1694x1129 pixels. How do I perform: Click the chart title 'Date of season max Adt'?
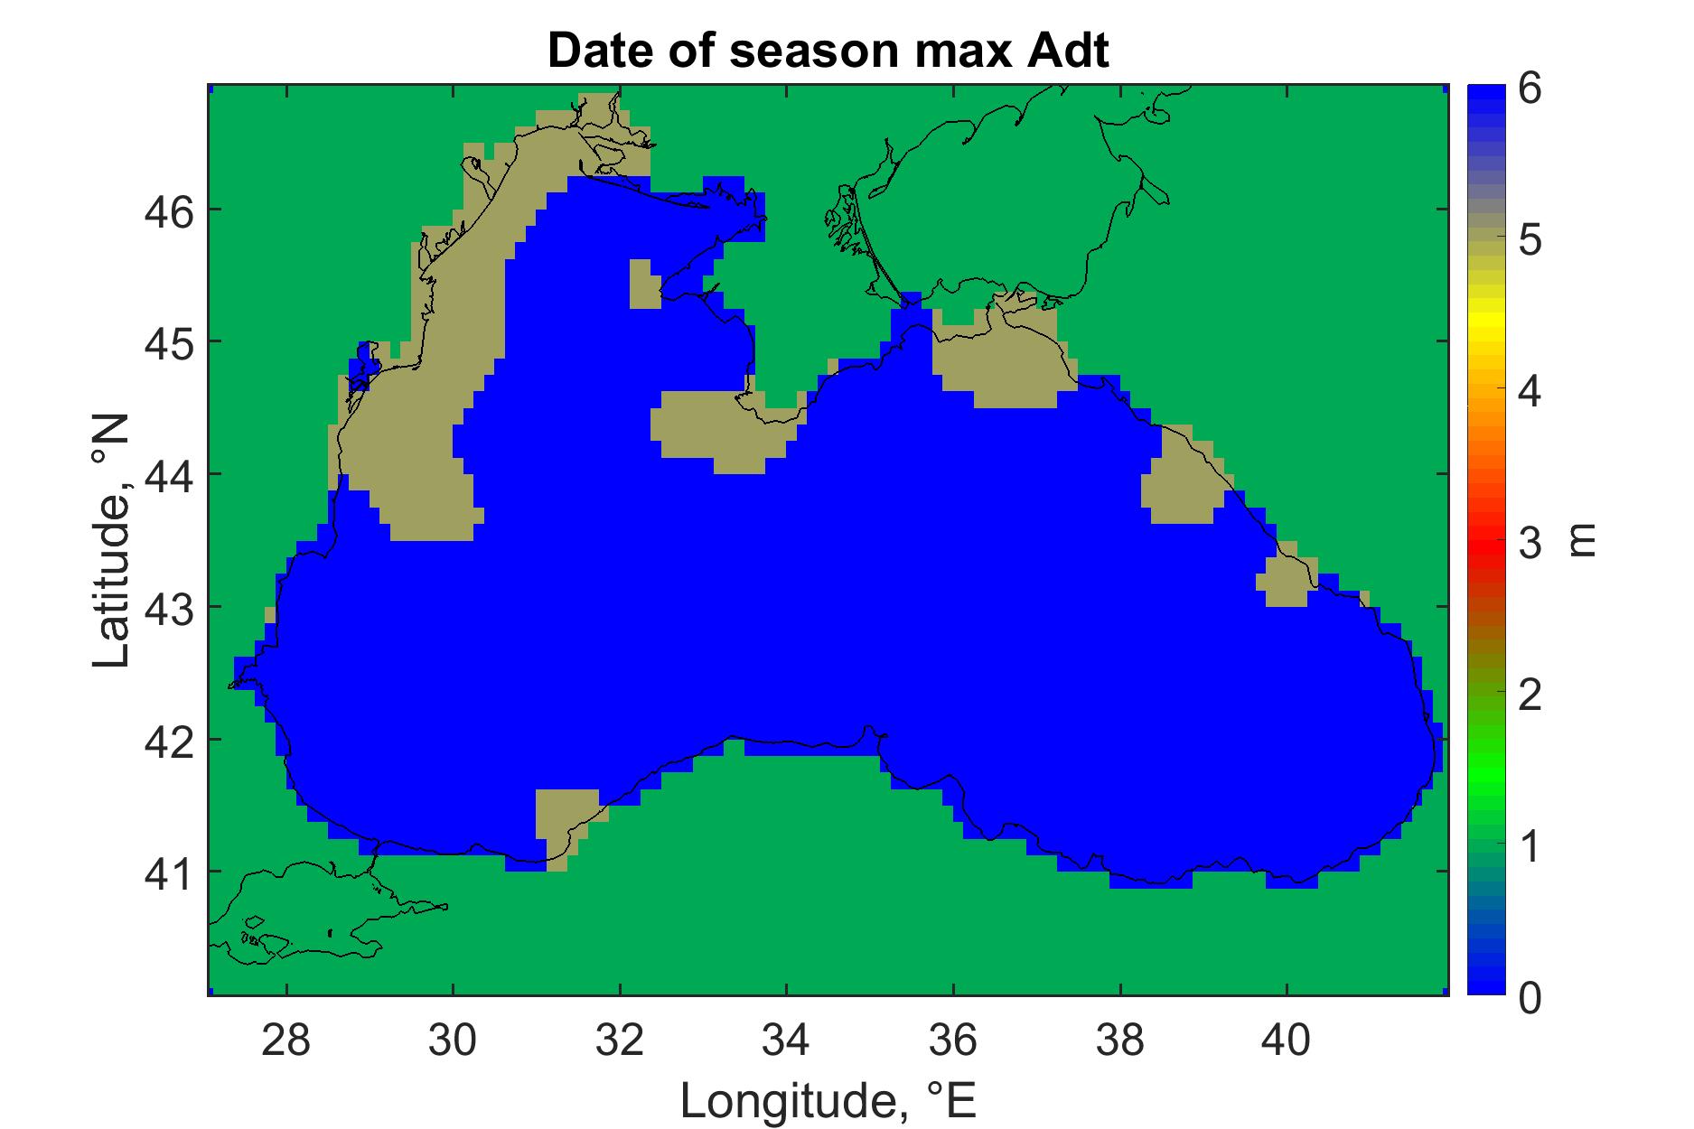point(828,51)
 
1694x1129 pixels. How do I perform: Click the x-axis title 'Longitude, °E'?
point(828,1099)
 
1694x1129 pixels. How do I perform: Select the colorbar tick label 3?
point(1530,544)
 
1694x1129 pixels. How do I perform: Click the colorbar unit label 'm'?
point(1582,541)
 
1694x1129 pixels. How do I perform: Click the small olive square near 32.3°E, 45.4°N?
point(642,284)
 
